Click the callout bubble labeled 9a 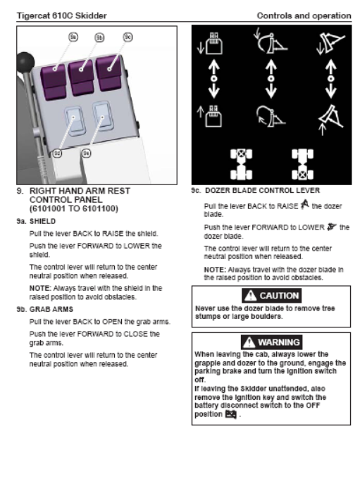[73, 37]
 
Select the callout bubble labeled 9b [99, 38]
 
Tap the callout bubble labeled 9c [128, 37]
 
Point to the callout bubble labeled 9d [57, 153]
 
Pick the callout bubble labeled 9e [86, 153]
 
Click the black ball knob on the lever [25, 61]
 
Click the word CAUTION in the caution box [279, 296]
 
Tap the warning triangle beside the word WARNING [249, 343]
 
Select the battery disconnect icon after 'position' [230, 415]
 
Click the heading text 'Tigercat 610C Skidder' [62, 15]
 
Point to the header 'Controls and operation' [304, 15]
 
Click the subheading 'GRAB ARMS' [51, 309]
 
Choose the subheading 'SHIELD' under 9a [42, 221]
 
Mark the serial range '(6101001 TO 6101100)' [74, 208]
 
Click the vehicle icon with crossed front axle [241, 164]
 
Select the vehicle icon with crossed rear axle [303, 164]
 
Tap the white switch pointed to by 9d [74, 120]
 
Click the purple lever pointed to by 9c [109, 73]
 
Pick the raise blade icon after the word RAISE [305, 204]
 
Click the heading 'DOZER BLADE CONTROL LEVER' [262, 191]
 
